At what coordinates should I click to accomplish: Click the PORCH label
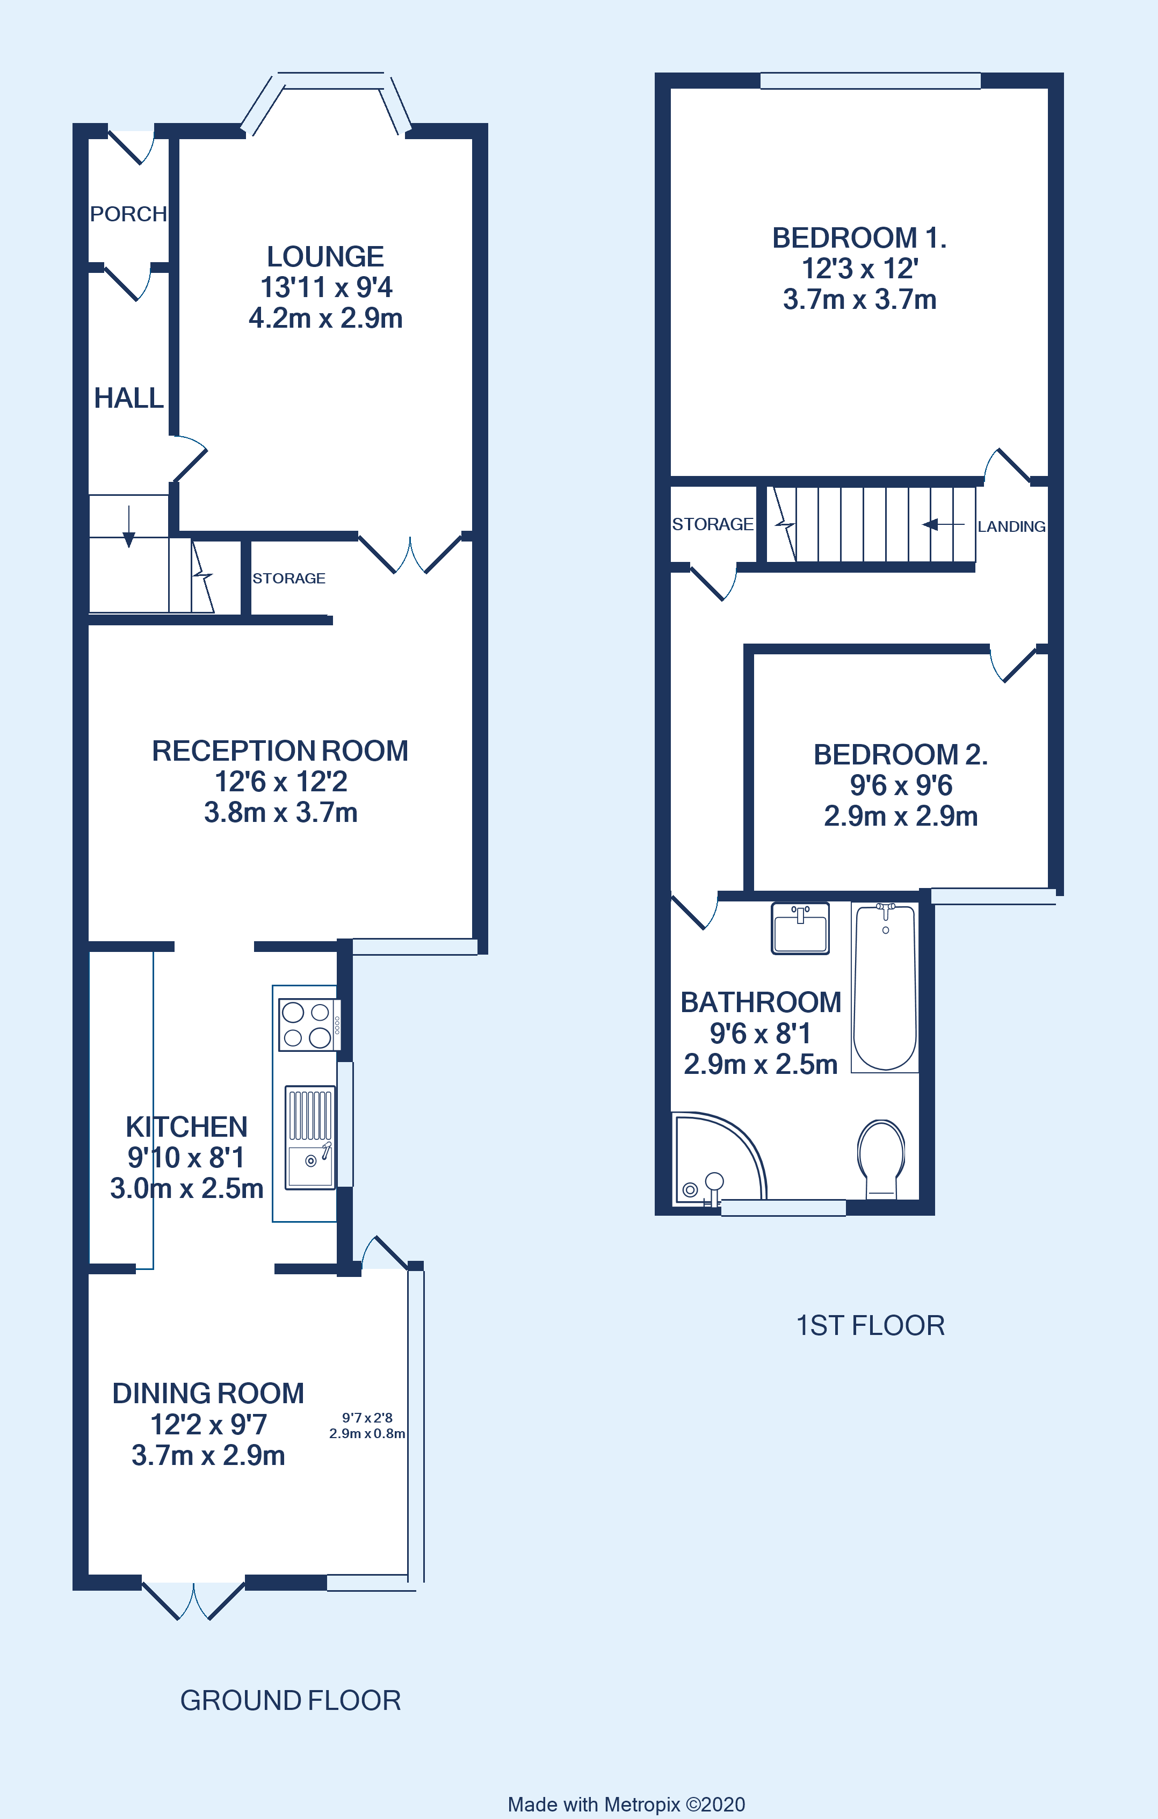[x=128, y=214]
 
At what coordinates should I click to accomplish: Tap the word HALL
[x=128, y=398]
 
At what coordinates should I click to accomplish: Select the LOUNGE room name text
[x=325, y=257]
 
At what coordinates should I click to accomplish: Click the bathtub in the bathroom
[x=885, y=987]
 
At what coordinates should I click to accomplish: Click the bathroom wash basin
[x=800, y=928]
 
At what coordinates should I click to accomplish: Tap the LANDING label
[x=1011, y=526]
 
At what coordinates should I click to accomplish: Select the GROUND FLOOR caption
[x=290, y=1700]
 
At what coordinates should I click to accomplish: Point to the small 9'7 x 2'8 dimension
[x=367, y=1418]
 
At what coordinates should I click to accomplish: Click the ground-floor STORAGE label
[x=288, y=579]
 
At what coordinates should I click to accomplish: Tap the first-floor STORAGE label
[x=712, y=524]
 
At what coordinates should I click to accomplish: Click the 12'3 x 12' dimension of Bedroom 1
[x=859, y=269]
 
